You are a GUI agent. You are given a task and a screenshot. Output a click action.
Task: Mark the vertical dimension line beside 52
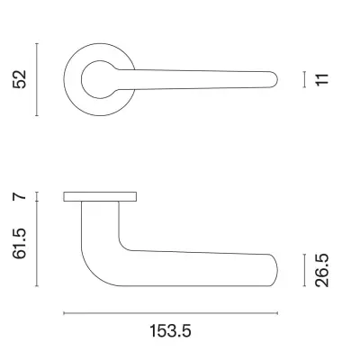click(36, 78)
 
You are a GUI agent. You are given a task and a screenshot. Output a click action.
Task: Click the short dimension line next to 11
click(305, 79)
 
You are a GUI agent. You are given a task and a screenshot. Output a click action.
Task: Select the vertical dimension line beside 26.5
click(305, 270)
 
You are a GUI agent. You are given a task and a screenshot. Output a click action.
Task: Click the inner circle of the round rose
click(95, 79)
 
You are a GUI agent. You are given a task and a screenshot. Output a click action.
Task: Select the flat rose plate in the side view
click(100, 196)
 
